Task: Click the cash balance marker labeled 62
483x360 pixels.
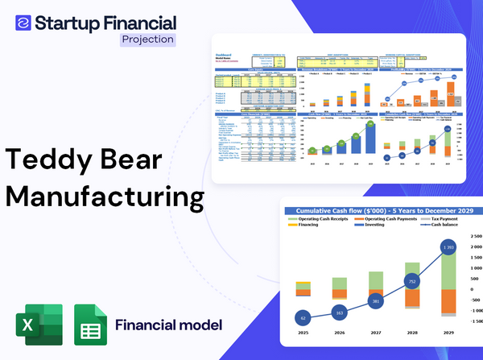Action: pyautogui.click(x=303, y=318)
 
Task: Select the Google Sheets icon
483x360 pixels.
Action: pyautogui.click(x=90, y=325)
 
